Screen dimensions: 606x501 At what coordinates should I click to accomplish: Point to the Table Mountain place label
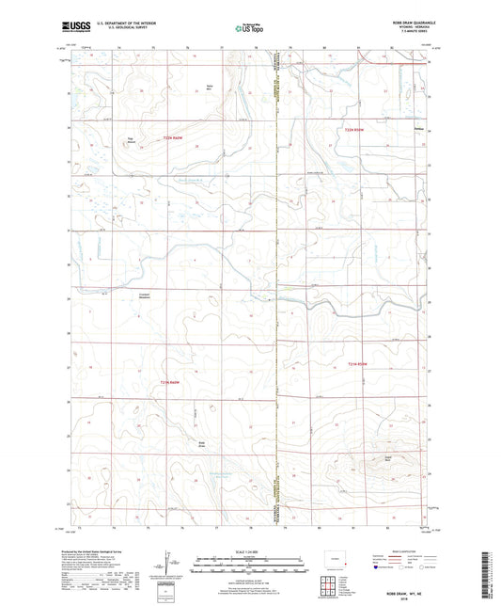click(132, 142)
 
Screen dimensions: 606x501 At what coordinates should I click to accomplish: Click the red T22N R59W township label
click(352, 129)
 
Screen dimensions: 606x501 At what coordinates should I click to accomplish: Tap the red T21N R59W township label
click(353, 363)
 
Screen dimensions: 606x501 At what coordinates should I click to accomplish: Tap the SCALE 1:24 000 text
click(250, 551)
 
